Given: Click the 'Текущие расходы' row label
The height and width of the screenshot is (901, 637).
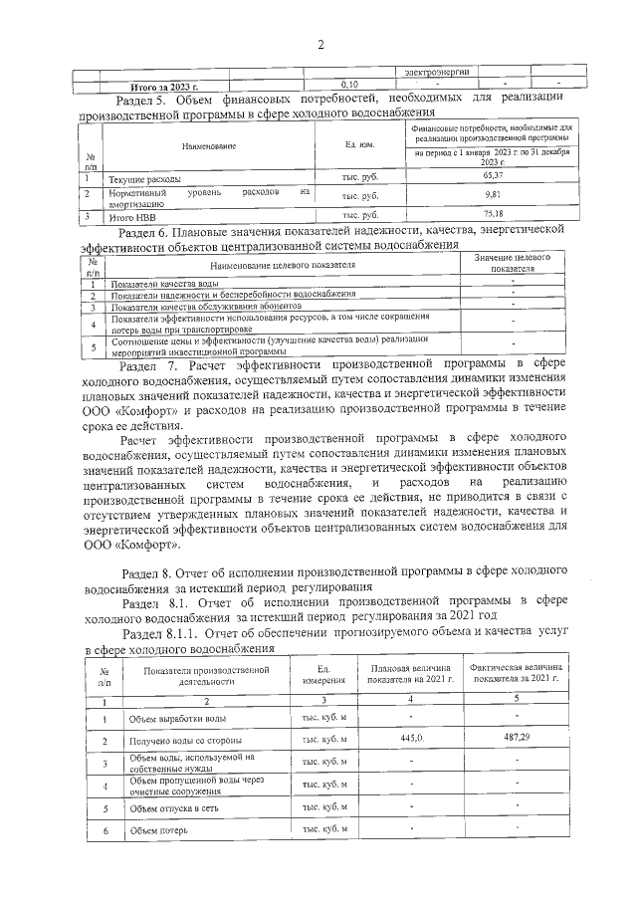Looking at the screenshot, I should [145, 177].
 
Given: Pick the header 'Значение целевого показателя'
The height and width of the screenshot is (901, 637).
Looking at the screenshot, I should [513, 263].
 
